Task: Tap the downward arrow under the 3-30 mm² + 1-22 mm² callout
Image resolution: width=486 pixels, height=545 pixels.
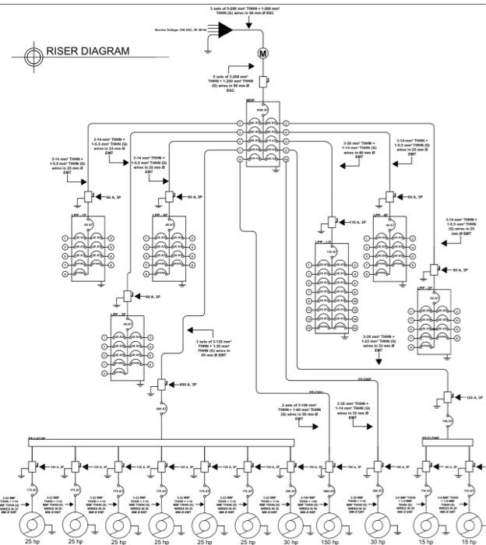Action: tap(379, 360)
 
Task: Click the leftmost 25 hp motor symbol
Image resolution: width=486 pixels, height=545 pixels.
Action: tap(32, 520)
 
